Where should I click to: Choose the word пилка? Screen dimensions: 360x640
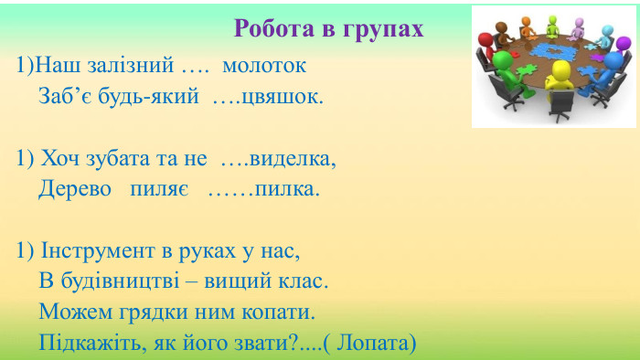click(x=287, y=189)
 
